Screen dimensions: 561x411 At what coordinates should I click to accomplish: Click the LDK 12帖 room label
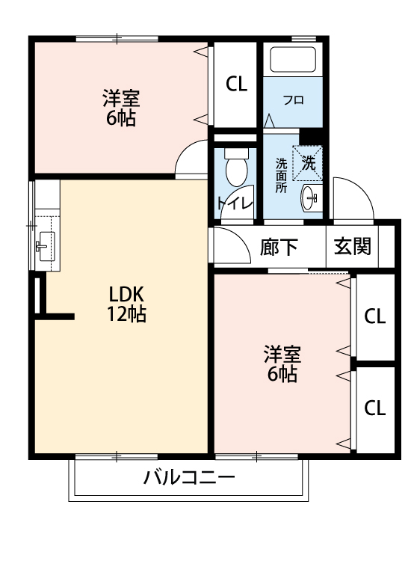[x=126, y=303]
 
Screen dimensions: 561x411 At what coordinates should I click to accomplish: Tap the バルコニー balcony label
[x=189, y=477]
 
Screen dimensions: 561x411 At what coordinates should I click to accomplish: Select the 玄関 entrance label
[x=352, y=246]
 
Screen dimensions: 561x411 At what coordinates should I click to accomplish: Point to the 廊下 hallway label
[x=279, y=247]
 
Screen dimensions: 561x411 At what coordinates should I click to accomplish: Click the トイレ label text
[x=234, y=203]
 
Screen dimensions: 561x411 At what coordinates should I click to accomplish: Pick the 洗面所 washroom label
[x=281, y=176]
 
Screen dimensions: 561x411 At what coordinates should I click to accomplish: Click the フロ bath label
[x=293, y=99]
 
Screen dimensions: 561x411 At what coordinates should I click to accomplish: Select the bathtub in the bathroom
[x=292, y=59]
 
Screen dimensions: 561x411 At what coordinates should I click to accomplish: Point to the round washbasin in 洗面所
[x=310, y=198]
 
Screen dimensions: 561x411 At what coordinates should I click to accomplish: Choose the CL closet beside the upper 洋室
[x=237, y=85]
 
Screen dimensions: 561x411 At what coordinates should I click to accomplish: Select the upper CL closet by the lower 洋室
[x=374, y=316]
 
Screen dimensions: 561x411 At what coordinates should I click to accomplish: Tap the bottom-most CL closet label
[x=374, y=408]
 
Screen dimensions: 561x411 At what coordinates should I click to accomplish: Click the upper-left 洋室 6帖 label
[x=120, y=108]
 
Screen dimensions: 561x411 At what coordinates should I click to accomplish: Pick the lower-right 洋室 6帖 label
[x=282, y=364]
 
